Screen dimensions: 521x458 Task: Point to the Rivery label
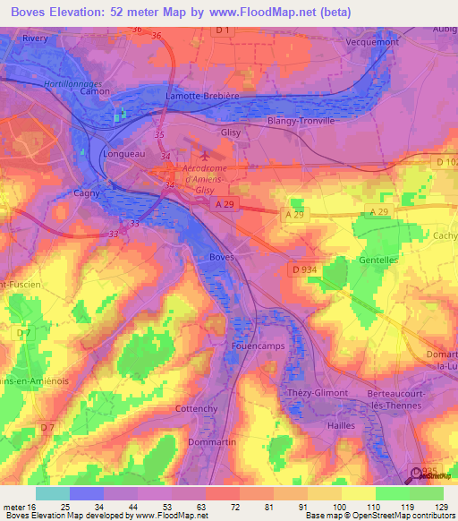point(35,38)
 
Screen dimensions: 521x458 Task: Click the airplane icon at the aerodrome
point(205,155)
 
